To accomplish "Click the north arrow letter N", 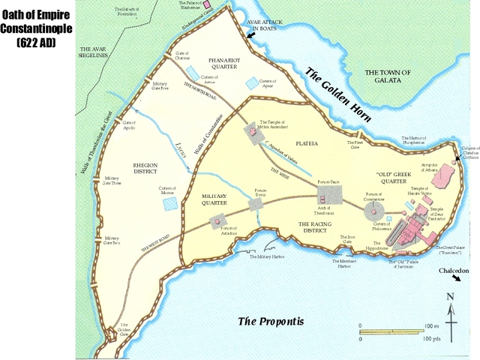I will pyautogui.click(x=451, y=296).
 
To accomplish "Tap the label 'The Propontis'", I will pyautogui.click(x=271, y=321).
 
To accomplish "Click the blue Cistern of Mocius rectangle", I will pyautogui.click(x=170, y=202).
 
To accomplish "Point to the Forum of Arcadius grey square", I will pyautogui.click(x=218, y=221).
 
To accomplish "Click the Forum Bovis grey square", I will pyautogui.click(x=256, y=204).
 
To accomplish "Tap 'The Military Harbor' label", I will pyautogui.click(x=267, y=256).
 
